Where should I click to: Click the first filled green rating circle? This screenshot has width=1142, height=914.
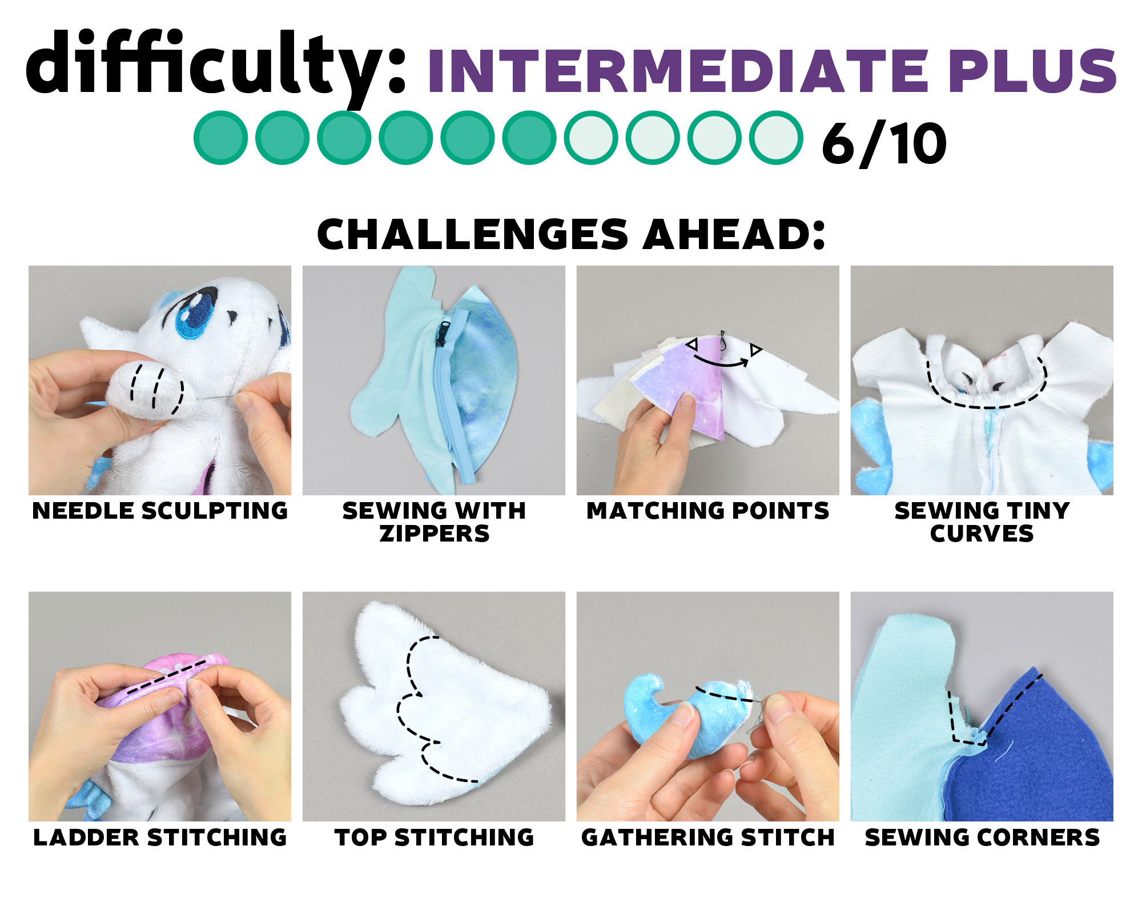(x=220, y=138)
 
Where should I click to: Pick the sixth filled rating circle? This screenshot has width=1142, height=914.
(x=529, y=138)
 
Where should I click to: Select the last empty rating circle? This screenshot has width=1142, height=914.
(x=776, y=138)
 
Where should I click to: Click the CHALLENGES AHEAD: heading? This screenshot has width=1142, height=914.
(x=571, y=234)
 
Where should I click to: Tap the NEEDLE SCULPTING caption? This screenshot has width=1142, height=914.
(x=160, y=511)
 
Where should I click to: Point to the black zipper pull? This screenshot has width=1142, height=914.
(x=444, y=334)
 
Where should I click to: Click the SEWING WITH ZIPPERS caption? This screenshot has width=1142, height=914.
(x=434, y=522)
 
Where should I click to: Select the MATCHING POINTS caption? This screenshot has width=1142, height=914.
(x=708, y=511)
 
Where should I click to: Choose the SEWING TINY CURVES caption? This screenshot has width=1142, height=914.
(x=982, y=522)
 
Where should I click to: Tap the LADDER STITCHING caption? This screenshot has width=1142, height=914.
(x=160, y=837)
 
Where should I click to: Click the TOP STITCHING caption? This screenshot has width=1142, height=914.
(x=434, y=837)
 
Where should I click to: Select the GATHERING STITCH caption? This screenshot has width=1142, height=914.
(x=708, y=837)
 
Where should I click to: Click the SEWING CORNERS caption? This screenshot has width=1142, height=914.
(x=982, y=837)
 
